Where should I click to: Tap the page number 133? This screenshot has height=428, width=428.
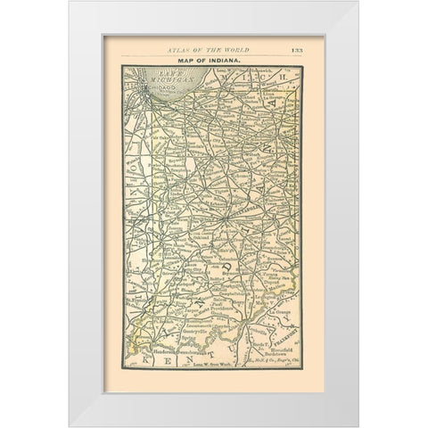click(296, 50)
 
